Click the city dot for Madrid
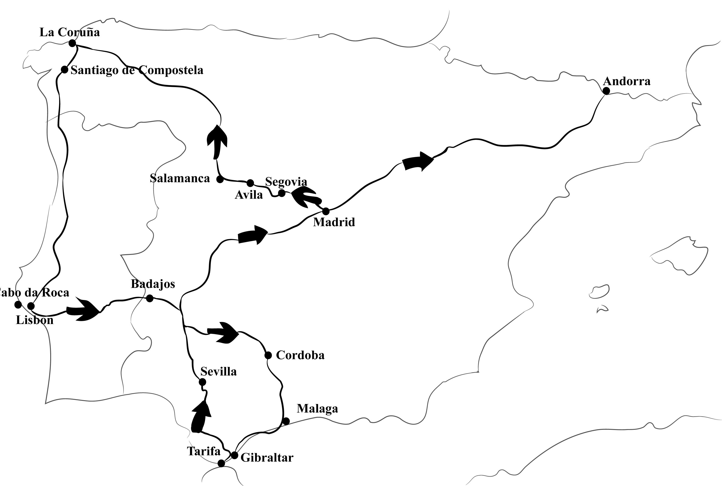pos(326,211)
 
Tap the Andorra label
pos(626,81)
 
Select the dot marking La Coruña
pos(72,43)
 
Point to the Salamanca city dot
pos(220,179)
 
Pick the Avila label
pos(249,195)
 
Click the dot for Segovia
pos(282,193)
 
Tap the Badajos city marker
pos(150,298)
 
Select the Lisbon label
pos(34,320)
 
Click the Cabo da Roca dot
pos(18,305)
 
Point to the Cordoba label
pos(300,355)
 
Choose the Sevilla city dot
pos(202,382)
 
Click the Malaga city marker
pos(286,421)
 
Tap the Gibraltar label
pos(267,458)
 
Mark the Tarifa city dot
pos(221,463)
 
